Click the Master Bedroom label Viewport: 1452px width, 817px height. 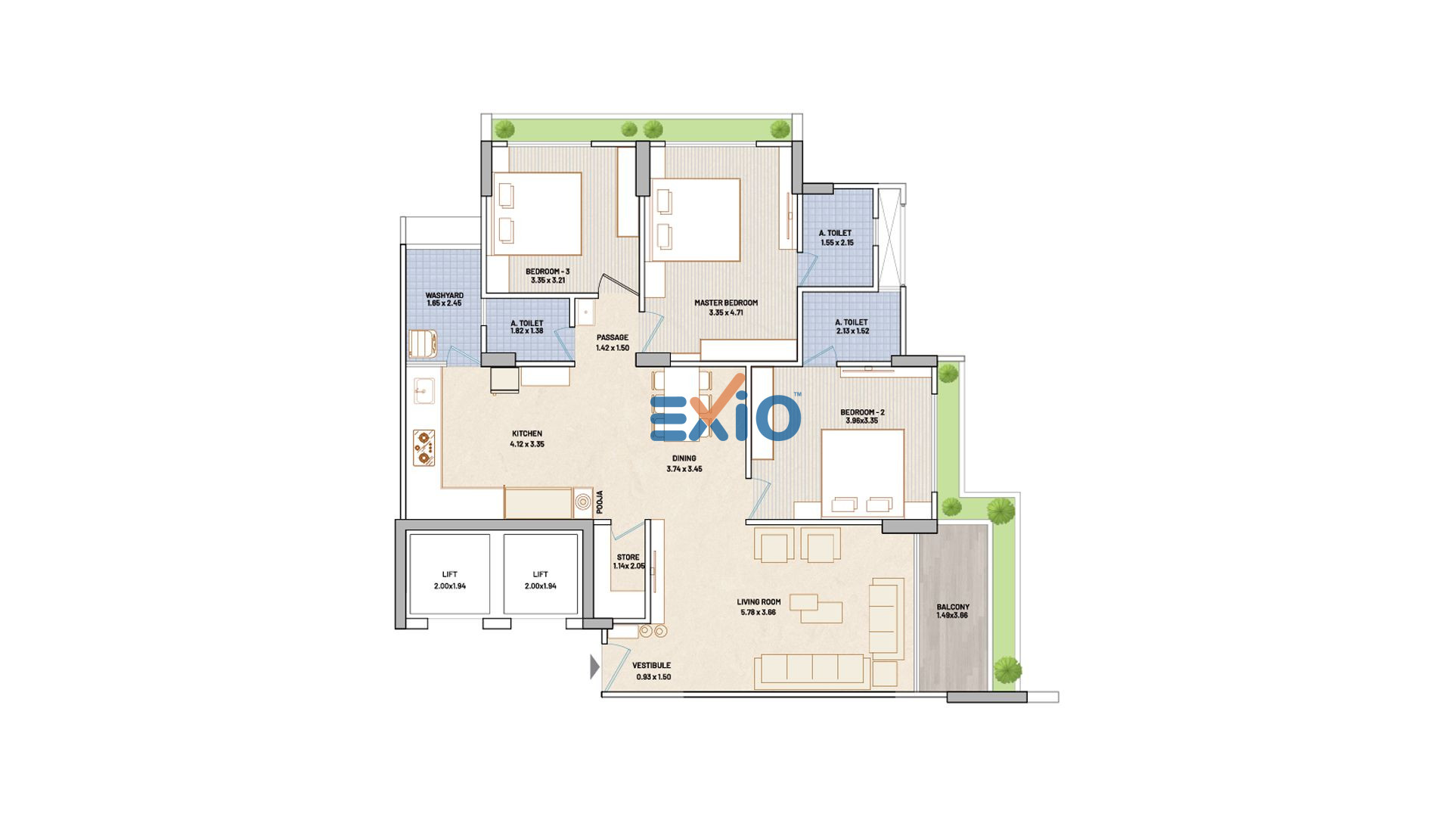click(x=726, y=303)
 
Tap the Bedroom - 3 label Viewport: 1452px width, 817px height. click(x=548, y=272)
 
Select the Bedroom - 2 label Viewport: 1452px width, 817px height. click(x=862, y=412)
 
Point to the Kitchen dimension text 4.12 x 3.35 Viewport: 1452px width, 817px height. click(x=527, y=444)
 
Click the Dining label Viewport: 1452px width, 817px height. click(x=684, y=458)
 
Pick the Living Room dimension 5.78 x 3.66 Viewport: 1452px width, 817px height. click(x=759, y=612)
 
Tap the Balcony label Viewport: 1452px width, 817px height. click(x=953, y=607)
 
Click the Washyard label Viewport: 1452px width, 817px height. click(x=445, y=295)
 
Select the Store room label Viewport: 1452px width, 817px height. click(x=628, y=557)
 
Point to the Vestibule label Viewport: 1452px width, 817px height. click(x=651, y=666)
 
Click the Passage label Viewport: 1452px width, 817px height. click(x=613, y=337)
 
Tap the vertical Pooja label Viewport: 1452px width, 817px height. click(x=599, y=502)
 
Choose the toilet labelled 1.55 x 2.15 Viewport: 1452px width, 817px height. click(x=836, y=238)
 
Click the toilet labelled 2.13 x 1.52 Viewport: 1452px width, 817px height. click(x=852, y=326)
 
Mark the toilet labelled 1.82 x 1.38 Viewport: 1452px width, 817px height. click(x=526, y=327)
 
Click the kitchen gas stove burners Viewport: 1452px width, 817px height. click(x=423, y=447)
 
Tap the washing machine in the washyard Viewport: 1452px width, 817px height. click(x=423, y=343)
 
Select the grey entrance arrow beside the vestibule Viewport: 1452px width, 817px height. click(x=594, y=666)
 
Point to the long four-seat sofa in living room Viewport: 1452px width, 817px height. click(x=811, y=671)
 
